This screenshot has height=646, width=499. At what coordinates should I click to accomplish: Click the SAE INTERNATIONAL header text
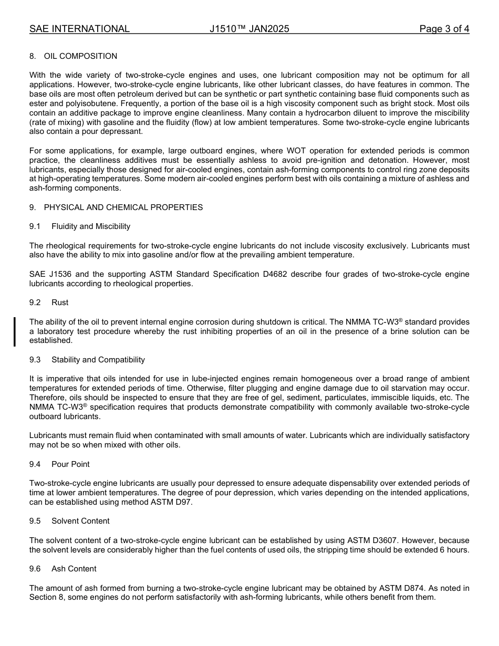tap(79, 29)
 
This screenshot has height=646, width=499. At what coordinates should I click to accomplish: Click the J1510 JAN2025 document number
tap(249, 29)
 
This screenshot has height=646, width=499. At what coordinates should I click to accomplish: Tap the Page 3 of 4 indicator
tap(444, 29)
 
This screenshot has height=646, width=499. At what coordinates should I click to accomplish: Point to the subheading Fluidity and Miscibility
tap(91, 226)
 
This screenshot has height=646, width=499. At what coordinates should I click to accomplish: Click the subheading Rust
tap(60, 303)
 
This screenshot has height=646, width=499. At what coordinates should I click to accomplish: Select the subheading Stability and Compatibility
tap(98, 360)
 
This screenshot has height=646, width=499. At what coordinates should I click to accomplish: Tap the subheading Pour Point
tap(70, 464)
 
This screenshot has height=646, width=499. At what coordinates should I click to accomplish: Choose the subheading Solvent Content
tap(80, 521)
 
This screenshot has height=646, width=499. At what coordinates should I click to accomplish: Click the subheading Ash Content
tap(74, 569)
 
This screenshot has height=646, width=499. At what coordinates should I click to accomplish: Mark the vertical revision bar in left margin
tap(15, 331)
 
